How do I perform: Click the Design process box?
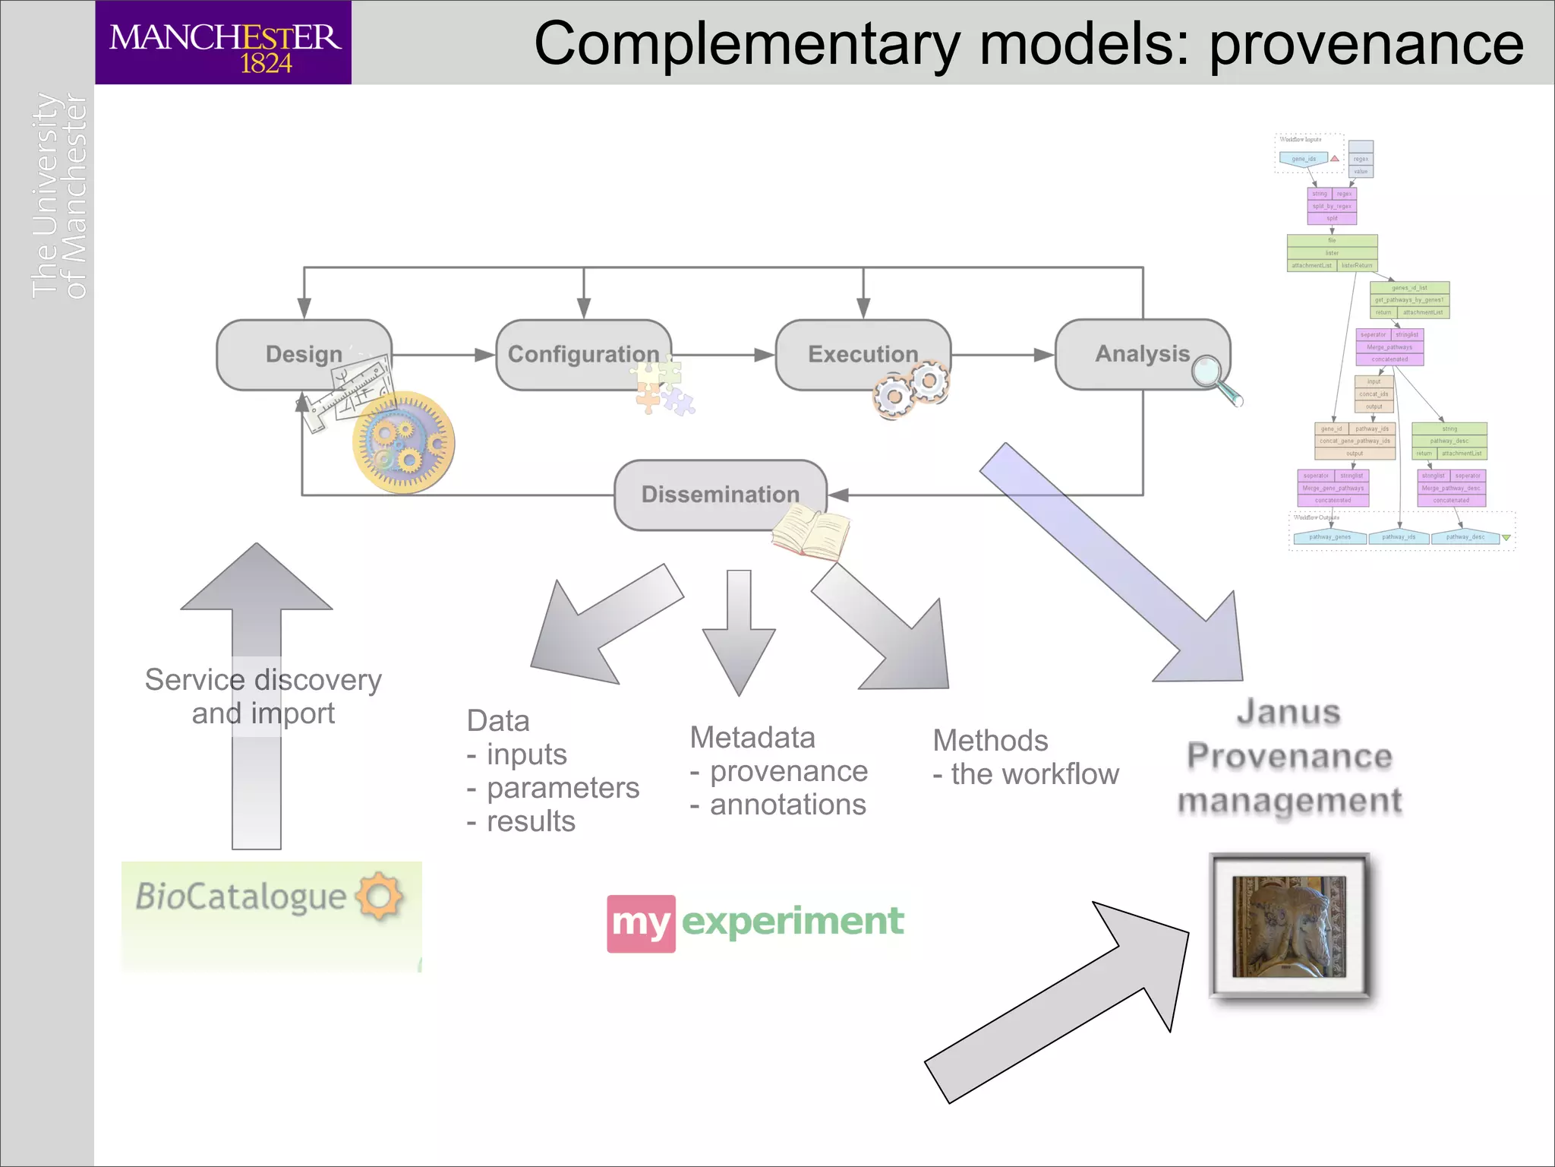304,354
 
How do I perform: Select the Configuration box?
583,354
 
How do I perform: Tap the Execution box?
863,354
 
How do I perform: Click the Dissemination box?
720,494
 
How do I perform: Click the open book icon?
811,533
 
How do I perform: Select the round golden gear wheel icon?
404,442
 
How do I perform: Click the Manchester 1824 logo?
223,43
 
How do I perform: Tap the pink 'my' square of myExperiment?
641,923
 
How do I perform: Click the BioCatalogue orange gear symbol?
380,897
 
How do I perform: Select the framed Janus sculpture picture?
1289,925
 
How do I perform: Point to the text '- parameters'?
553,788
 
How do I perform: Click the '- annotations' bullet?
777,805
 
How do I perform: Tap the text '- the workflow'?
1025,774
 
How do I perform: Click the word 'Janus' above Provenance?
1288,713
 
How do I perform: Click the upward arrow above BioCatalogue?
257,684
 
